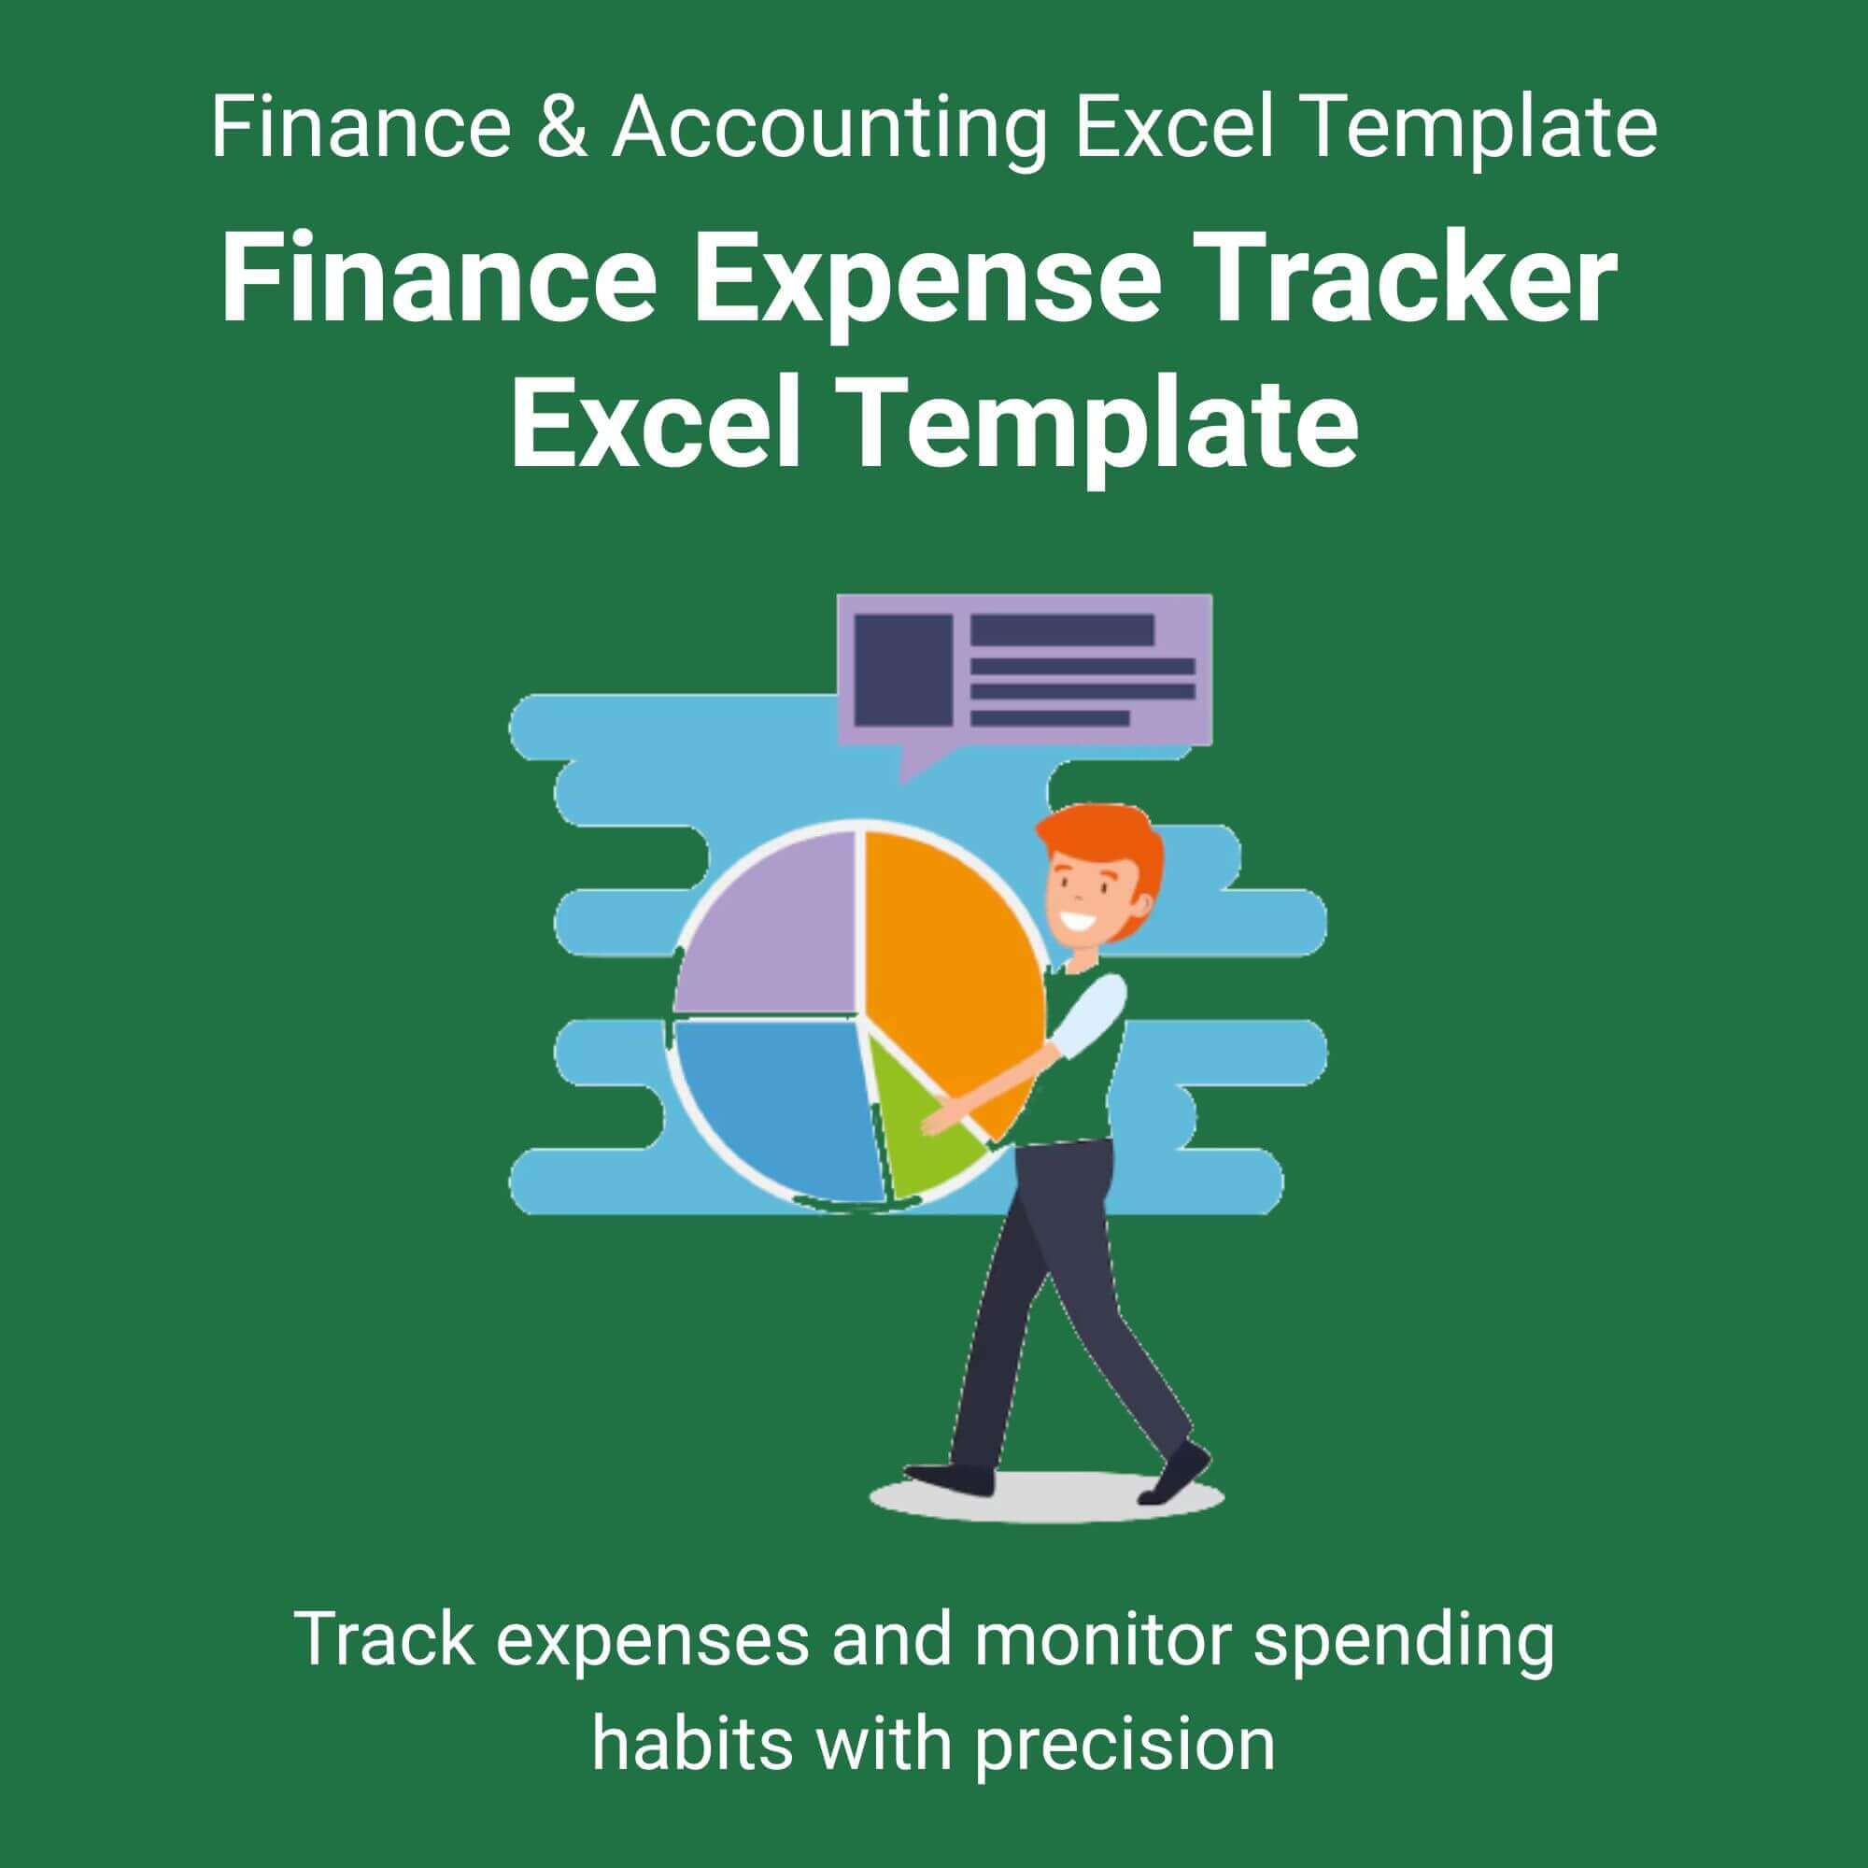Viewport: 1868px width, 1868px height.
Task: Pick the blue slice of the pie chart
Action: (x=773, y=1102)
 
